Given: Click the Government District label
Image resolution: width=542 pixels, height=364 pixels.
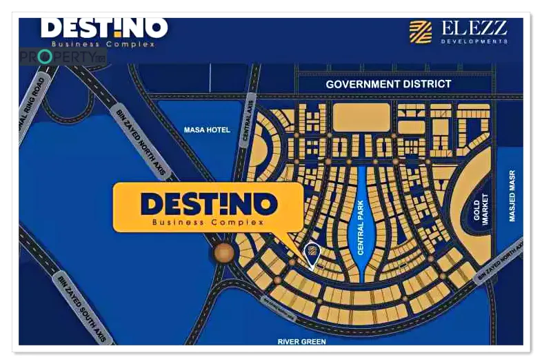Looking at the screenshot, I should [x=388, y=84].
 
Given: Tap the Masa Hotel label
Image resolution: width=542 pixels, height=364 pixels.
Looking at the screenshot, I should [x=207, y=130].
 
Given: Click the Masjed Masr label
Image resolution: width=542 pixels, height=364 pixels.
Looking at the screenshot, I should [x=512, y=196].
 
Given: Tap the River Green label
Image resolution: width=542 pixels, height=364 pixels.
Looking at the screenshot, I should [x=301, y=341].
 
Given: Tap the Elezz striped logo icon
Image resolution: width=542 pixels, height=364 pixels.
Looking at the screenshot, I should [x=420, y=32].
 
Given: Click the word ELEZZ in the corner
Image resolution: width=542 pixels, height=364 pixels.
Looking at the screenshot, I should [x=474, y=28].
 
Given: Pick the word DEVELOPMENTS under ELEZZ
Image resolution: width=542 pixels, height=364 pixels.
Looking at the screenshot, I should [x=474, y=41].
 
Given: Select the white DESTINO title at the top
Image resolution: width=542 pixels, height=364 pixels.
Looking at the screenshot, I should [x=103, y=28].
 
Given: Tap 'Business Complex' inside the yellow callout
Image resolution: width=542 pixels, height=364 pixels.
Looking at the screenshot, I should [x=208, y=223].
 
